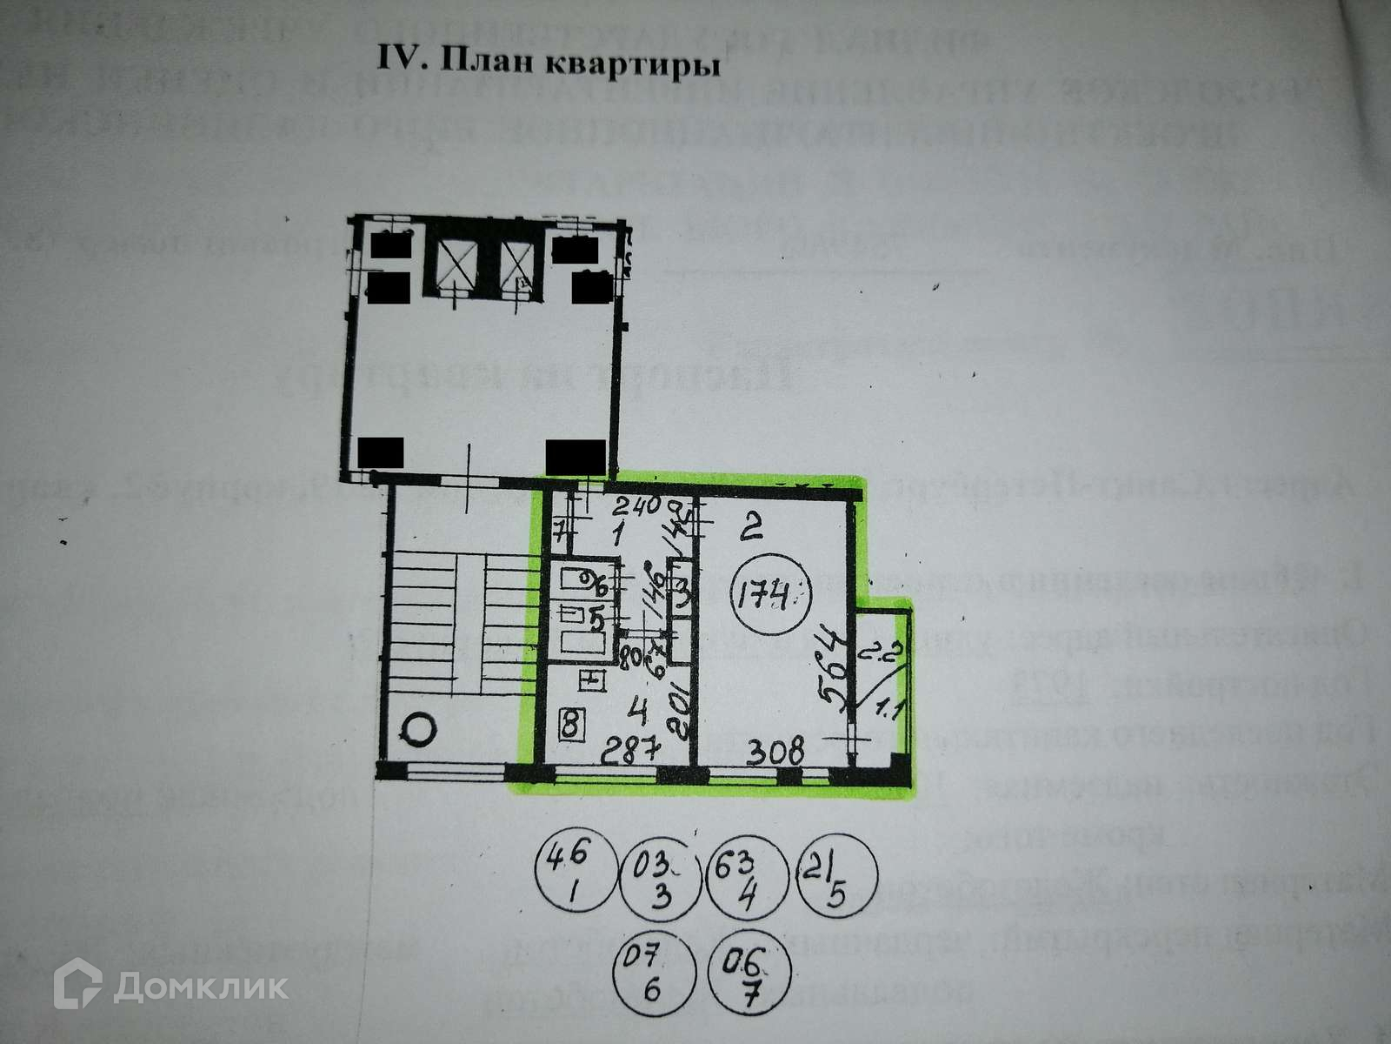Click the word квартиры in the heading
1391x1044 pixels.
pyautogui.click(x=620, y=63)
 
